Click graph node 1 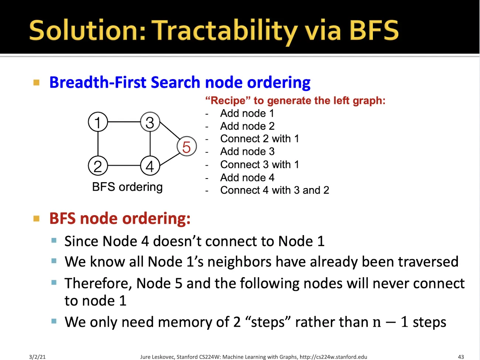[x=98, y=122]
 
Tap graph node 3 [x=150, y=122]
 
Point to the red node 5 [x=186, y=146]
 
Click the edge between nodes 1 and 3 [x=124, y=122]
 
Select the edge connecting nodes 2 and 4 [x=124, y=166]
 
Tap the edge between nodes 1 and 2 [x=98, y=144]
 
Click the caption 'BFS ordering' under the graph [x=127, y=187]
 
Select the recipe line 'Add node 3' [x=247, y=152]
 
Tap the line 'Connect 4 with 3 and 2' [x=274, y=190]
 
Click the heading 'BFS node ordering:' [x=120, y=218]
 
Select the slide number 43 [x=461, y=357]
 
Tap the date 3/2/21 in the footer [x=37, y=357]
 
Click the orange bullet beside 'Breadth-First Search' [x=37, y=82]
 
